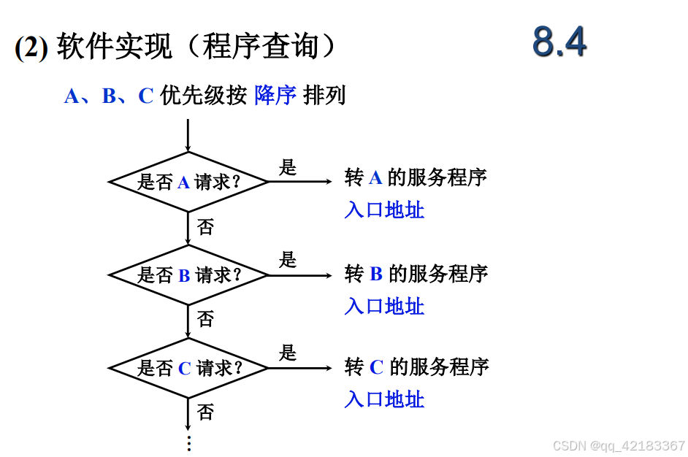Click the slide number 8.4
(559, 42)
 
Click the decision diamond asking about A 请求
(188, 182)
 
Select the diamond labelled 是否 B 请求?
(188, 275)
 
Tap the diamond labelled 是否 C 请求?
(188, 368)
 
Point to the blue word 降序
(275, 96)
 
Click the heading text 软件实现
(114, 48)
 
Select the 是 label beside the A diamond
(288, 167)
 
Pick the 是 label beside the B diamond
(288, 260)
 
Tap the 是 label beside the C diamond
(288, 353)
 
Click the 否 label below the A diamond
(206, 227)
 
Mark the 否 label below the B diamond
(206, 319)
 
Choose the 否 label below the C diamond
(206, 412)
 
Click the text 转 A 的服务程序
(416, 177)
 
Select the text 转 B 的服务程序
(416, 274)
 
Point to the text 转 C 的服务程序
(416, 366)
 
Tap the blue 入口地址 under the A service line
(384, 210)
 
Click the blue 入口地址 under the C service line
(384, 399)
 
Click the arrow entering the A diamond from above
(188, 137)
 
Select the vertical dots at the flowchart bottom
(188, 443)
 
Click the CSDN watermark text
(619, 445)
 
